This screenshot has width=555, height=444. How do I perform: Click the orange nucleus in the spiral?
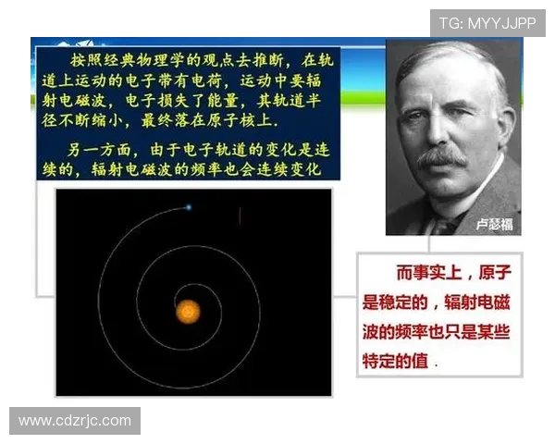pos(189,310)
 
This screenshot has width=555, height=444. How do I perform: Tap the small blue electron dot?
pos(188,207)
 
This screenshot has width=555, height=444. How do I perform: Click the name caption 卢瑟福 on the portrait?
pos(495,223)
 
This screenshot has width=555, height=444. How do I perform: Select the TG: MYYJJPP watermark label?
pos(487,22)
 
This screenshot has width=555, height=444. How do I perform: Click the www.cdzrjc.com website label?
pos(75,421)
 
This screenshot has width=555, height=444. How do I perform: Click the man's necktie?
pos(442,222)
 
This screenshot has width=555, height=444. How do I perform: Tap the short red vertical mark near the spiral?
pos(240,215)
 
